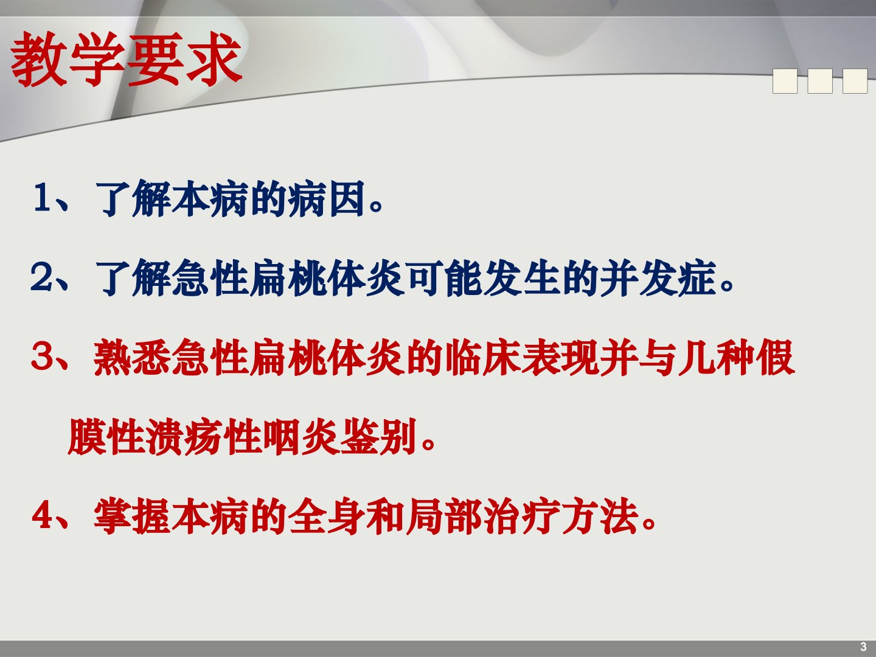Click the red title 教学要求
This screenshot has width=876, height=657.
click(x=126, y=59)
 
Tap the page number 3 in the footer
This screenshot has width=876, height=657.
click(x=863, y=647)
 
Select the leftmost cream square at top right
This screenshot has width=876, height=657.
click(x=785, y=81)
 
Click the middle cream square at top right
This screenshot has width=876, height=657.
click(x=819, y=81)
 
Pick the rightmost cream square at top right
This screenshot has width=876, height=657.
click(x=855, y=81)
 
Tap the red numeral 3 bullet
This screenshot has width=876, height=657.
click(x=41, y=356)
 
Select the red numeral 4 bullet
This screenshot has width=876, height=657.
click(x=41, y=515)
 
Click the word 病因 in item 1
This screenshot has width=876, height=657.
click(x=327, y=198)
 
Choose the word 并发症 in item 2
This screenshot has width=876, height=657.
click(x=658, y=277)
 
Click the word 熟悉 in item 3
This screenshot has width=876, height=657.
click(x=132, y=357)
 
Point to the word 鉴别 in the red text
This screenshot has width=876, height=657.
click(x=379, y=436)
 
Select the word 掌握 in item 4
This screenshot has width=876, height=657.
click(x=132, y=516)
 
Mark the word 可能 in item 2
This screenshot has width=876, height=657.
click(x=444, y=277)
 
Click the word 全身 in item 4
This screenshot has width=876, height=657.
click(x=327, y=516)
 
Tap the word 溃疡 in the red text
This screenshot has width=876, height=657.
click(x=185, y=436)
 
